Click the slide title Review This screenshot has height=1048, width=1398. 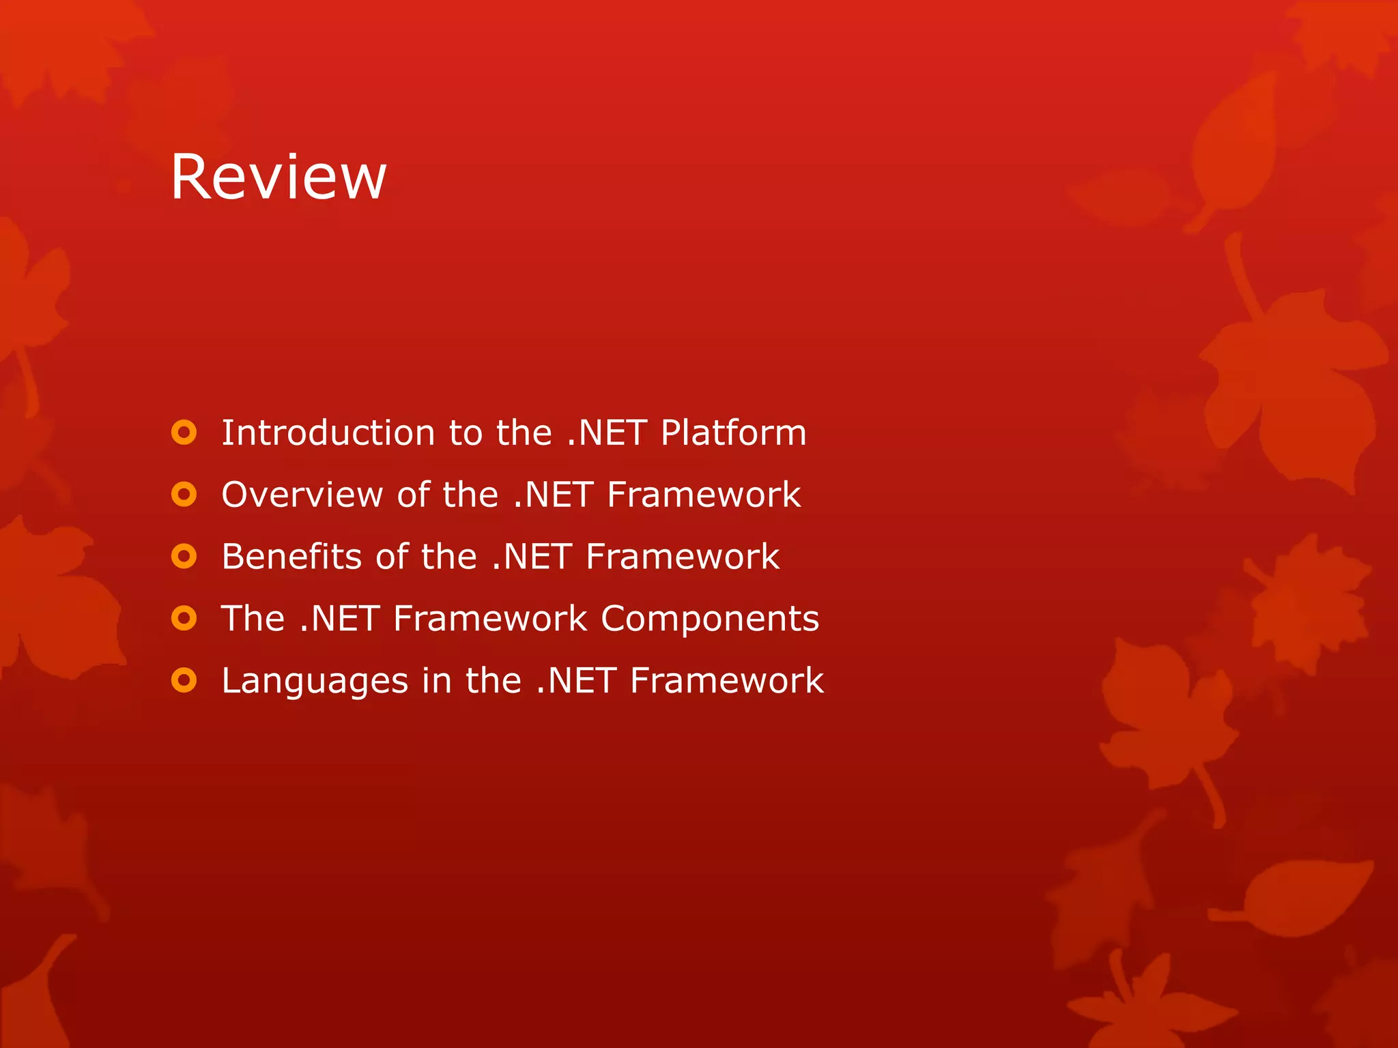(279, 177)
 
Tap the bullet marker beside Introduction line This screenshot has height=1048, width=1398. (184, 433)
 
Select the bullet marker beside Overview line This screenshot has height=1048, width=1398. (184, 495)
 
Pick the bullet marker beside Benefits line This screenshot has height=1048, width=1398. (184, 557)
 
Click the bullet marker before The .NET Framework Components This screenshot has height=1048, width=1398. (184, 619)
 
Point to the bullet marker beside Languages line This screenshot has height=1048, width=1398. (184, 680)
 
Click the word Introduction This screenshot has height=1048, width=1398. (328, 433)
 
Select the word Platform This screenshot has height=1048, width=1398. (733, 433)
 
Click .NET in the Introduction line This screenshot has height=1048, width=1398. (606, 433)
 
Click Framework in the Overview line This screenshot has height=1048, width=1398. (704, 495)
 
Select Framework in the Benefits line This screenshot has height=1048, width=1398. (683, 557)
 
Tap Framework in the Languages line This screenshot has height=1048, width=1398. (727, 681)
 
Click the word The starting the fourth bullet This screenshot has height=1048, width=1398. (253, 619)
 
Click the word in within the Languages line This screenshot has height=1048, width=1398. (436, 681)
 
